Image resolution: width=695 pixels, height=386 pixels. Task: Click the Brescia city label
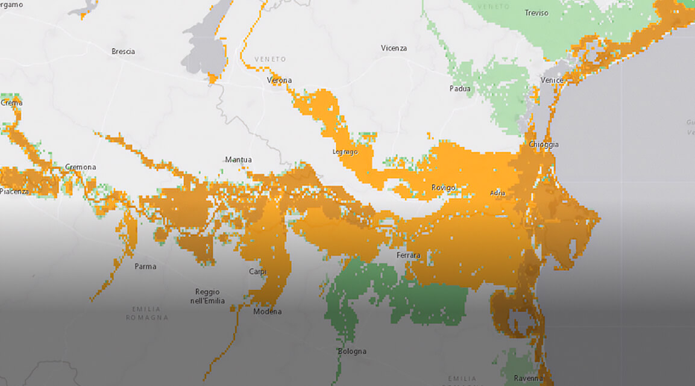(x=123, y=51)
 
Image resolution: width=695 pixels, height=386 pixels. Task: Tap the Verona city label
(x=279, y=80)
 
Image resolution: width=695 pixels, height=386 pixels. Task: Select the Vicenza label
(x=394, y=48)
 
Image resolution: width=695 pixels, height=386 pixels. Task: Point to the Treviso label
(x=536, y=13)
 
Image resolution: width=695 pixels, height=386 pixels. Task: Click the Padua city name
(x=459, y=89)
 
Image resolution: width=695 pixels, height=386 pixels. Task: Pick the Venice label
(x=552, y=80)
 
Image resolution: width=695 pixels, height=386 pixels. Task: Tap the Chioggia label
(x=543, y=145)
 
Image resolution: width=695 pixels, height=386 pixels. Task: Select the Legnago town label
(x=345, y=152)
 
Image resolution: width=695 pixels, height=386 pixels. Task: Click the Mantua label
(x=238, y=160)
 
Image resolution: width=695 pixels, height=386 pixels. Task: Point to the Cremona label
(x=80, y=167)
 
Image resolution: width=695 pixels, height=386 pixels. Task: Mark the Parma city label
(x=145, y=266)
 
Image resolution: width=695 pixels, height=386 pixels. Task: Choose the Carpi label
(x=257, y=272)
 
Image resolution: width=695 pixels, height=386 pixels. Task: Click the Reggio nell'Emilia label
(x=207, y=296)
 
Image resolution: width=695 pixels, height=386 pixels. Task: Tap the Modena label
(x=267, y=311)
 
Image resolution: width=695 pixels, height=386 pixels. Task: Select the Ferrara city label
(x=408, y=256)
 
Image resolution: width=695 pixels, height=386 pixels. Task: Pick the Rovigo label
(x=443, y=188)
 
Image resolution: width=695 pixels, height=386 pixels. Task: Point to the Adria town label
(x=498, y=193)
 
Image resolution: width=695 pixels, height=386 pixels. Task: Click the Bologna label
(x=351, y=351)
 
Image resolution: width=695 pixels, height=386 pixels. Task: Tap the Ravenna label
(x=528, y=378)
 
